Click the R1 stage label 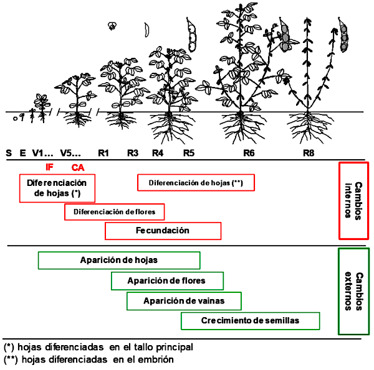103,153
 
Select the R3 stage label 133,153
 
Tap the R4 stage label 158,153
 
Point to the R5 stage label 189,153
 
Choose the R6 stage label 249,153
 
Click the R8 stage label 309,153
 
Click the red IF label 49,167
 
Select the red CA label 78,168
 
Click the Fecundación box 163,231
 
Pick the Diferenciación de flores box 115,212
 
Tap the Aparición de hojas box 119,261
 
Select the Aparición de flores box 167,281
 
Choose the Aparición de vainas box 184,301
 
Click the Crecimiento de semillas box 250,321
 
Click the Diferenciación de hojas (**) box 196,183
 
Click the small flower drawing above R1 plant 112,26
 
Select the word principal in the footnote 175,348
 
